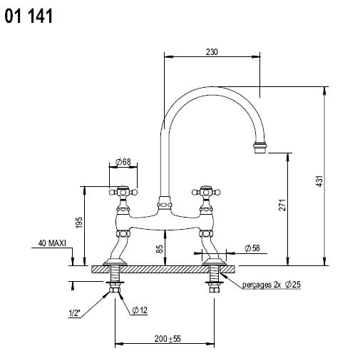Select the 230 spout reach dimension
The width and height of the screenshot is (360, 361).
[212, 51]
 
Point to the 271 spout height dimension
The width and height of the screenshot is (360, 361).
[282, 205]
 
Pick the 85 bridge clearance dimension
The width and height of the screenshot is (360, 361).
[160, 248]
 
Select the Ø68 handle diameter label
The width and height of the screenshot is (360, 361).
[123, 163]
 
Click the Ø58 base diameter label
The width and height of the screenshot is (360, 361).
[252, 248]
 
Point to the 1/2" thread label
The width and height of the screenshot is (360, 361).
[74, 313]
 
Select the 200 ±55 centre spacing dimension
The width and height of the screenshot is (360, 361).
[165, 339]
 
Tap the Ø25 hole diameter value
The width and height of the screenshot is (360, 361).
[293, 285]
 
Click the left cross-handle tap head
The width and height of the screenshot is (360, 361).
[123, 191]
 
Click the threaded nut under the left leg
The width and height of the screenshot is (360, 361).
[115, 288]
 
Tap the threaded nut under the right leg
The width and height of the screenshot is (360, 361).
[213, 288]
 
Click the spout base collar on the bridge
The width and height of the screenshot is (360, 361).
[164, 203]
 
